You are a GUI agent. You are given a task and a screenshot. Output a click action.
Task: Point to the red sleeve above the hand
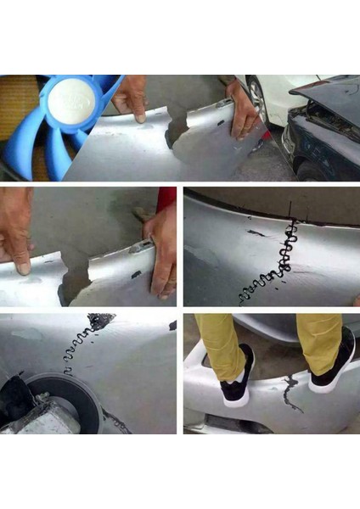(x=166, y=199)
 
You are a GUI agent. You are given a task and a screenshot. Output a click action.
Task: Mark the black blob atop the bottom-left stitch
(x=101, y=321)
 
